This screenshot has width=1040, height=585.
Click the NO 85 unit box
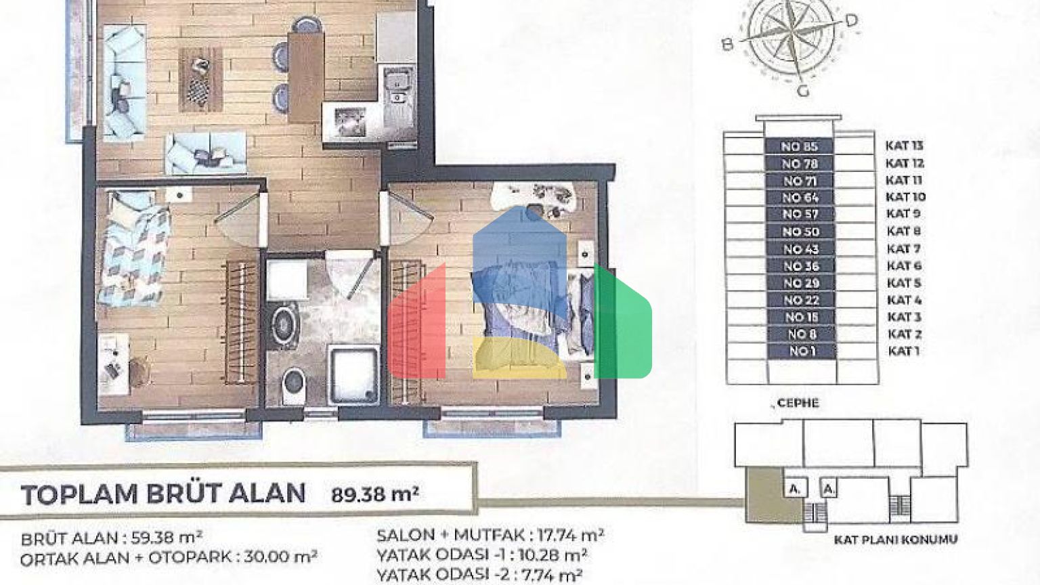pyautogui.click(x=799, y=147)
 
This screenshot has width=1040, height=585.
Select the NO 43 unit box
pyautogui.click(x=800, y=249)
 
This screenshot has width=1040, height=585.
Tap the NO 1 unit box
pyautogui.click(x=802, y=351)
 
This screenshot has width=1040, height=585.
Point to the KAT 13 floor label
pyautogui.click(x=905, y=146)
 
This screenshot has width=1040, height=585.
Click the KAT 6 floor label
pyautogui.click(x=904, y=266)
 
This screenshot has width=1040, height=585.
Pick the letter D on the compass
pyautogui.click(x=850, y=20)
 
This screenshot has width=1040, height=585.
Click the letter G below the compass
pyautogui.click(x=803, y=91)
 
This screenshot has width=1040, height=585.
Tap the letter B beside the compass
pyautogui.click(x=728, y=45)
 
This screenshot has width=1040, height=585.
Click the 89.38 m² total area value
pyautogui.click(x=375, y=495)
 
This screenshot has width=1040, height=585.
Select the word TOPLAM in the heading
pyautogui.click(x=80, y=495)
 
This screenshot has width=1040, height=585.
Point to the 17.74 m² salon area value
pyautogui.click(x=571, y=536)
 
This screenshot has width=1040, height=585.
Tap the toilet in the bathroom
pyautogui.click(x=294, y=385)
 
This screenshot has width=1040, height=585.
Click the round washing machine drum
pyautogui.click(x=283, y=324)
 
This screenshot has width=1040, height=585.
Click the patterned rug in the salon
pyautogui.click(x=200, y=79)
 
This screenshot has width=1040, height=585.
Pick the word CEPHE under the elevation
pyautogui.click(x=798, y=403)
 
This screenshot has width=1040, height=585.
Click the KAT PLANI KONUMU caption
pyautogui.click(x=896, y=540)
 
